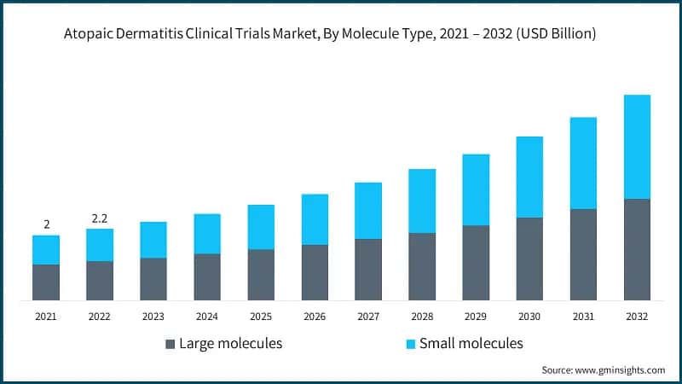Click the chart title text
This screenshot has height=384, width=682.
coord(341,35)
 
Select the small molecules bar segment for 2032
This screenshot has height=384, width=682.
coord(637,147)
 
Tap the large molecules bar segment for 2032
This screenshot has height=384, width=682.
coord(637,249)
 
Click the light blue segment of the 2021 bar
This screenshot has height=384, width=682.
coord(46,250)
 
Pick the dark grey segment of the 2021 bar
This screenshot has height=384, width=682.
coord(46,282)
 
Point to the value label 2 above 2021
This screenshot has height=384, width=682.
coord(46,224)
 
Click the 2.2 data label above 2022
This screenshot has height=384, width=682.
coord(99,218)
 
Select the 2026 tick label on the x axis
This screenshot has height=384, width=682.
coord(314,317)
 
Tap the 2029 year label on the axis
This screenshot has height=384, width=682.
coord(476,317)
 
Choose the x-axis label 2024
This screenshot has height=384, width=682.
coord(206,317)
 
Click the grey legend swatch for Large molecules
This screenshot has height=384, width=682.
coord(170,344)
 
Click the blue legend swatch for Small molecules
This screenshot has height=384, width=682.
coord(410,344)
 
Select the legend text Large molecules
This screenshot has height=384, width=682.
coord(231,344)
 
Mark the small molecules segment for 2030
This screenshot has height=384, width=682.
coord(529,177)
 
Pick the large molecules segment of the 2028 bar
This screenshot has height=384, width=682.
coord(422,266)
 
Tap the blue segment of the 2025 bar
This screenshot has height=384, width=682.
coord(261,227)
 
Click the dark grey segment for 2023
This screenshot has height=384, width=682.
coord(153,279)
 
